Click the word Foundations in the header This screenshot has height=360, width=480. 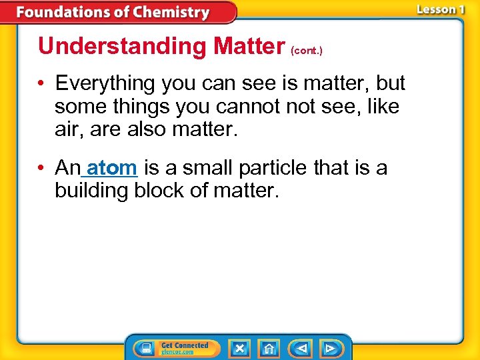point(65,12)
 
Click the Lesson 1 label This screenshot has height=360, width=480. point(441,9)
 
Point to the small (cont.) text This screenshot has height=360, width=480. point(307,51)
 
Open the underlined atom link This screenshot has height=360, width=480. point(112,168)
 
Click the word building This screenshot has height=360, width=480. point(91,191)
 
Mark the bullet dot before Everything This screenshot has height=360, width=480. point(42,84)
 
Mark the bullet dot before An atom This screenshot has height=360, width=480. point(42,169)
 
